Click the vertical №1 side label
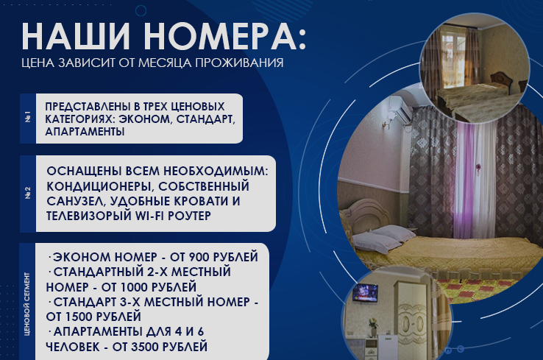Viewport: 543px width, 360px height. point(27,117)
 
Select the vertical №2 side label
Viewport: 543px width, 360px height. point(27,194)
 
